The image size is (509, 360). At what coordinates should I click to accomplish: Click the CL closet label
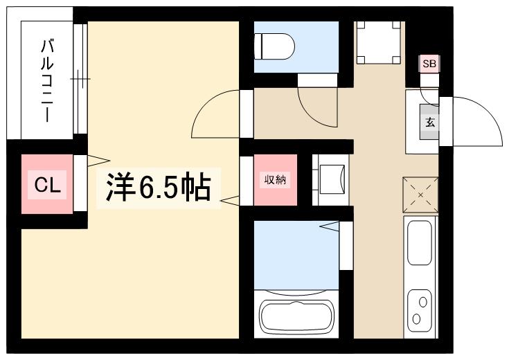coord(47,186)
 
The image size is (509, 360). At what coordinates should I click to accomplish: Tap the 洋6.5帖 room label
coord(159,188)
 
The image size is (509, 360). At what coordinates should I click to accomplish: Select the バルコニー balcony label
coord(47,81)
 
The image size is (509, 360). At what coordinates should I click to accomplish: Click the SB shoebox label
coord(429,64)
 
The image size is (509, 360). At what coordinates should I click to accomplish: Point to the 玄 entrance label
coord(430,123)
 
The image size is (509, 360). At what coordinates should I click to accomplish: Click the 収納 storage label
coord(276,180)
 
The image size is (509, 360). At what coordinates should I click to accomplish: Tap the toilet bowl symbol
coord(274,46)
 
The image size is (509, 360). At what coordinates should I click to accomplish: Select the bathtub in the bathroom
coord(296,316)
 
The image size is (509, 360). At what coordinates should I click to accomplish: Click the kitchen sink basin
coord(420,242)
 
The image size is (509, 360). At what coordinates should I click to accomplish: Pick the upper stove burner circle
coord(422,302)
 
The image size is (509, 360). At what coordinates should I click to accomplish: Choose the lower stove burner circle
coord(416,318)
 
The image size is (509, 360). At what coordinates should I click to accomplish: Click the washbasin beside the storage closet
coord(332,180)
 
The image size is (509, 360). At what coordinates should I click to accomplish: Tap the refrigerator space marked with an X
coord(420,195)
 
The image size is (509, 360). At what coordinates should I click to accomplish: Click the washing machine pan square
coord(379,42)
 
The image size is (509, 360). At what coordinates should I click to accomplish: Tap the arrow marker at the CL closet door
coord(98,161)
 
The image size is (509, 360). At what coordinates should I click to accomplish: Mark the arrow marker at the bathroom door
coord(330,226)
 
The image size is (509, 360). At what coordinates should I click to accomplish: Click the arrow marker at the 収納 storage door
coord(230,201)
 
